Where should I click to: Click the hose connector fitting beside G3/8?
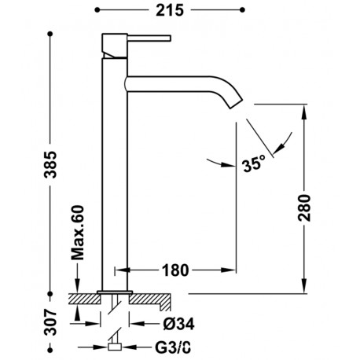tap(115, 345)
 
